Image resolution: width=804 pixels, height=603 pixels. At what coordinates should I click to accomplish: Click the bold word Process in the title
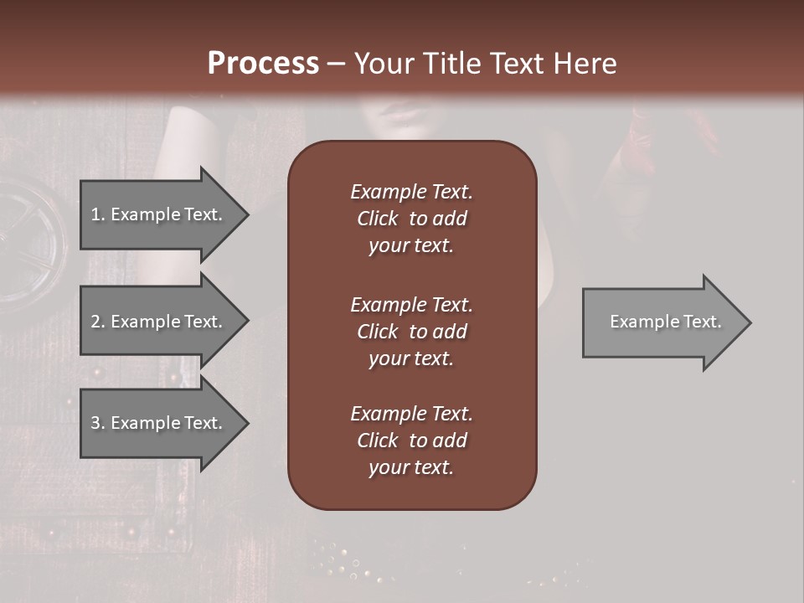click(x=263, y=63)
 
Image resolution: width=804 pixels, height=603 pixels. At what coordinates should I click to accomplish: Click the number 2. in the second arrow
click(x=97, y=322)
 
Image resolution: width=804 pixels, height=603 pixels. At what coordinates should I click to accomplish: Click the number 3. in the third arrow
click(x=97, y=423)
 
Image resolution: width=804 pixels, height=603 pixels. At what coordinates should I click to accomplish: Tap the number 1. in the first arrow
click(x=97, y=214)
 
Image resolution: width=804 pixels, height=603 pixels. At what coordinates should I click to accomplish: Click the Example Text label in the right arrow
click(x=665, y=322)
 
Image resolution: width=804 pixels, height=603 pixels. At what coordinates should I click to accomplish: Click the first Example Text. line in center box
click(x=411, y=192)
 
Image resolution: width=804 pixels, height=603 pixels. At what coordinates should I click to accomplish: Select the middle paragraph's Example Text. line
click(x=411, y=304)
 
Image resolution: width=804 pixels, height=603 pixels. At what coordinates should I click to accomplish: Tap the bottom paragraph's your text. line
click(x=411, y=468)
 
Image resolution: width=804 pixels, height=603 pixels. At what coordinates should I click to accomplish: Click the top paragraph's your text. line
click(x=411, y=246)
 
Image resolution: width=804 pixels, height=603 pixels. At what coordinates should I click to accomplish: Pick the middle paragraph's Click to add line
click(x=411, y=332)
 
